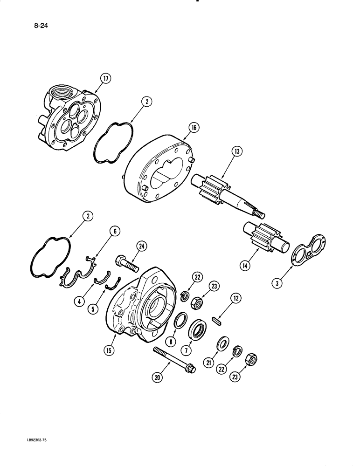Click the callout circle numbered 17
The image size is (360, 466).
(106, 79)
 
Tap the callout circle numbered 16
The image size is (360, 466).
(194, 127)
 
